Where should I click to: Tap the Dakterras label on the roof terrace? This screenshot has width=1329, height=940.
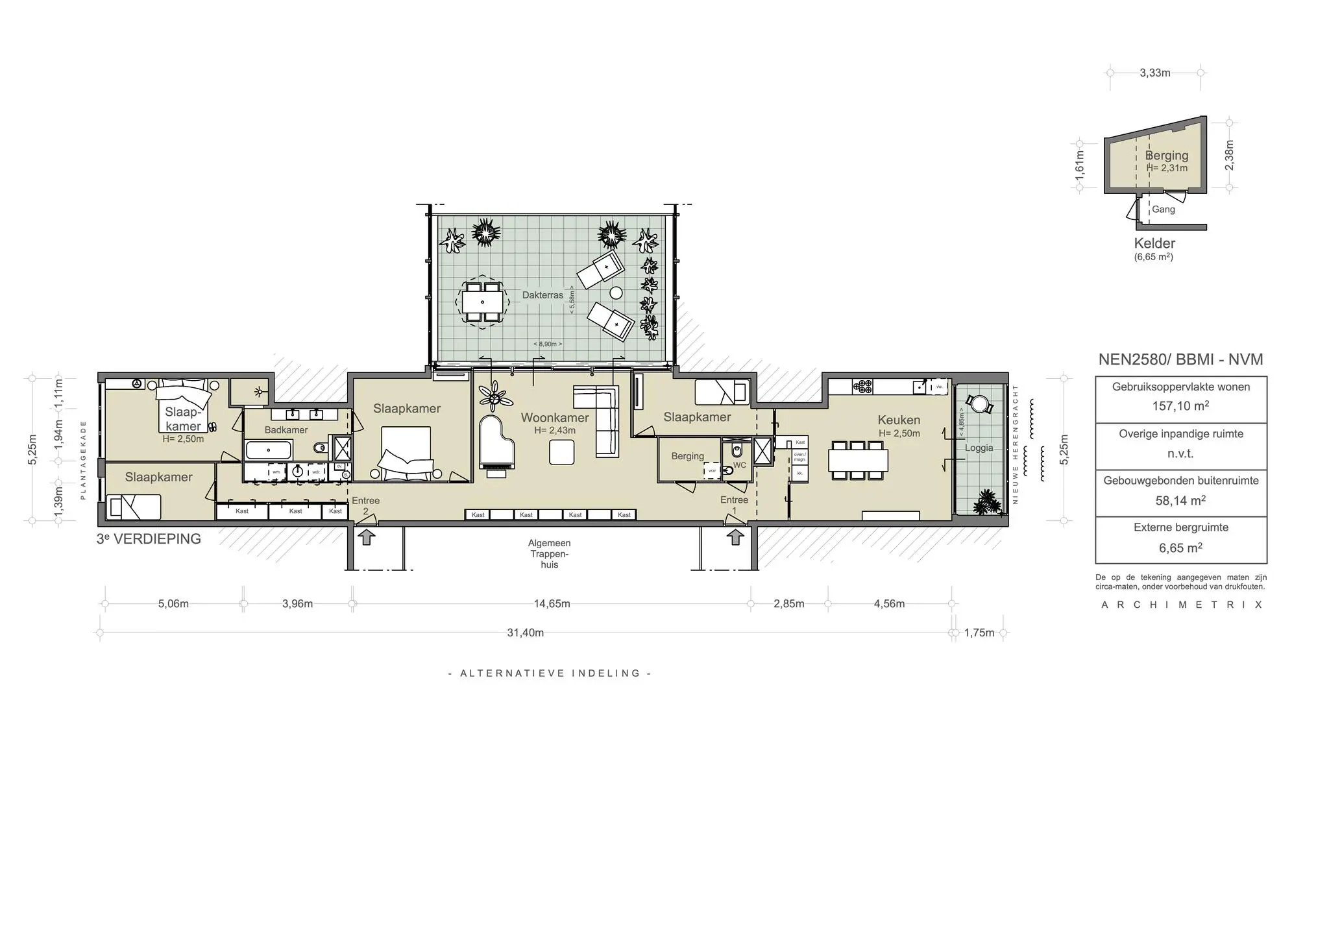coord(543,295)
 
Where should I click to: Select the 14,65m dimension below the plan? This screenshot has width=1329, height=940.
coord(552,604)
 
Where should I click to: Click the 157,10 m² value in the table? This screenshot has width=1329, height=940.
coord(1180,406)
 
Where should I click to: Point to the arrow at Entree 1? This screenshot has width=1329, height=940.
coord(735,536)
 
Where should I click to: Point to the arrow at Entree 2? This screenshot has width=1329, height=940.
coord(367,536)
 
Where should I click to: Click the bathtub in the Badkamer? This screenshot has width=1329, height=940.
coord(269,450)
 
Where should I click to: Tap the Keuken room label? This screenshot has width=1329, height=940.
coord(899,420)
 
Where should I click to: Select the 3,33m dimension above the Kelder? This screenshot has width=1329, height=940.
coord(1155,73)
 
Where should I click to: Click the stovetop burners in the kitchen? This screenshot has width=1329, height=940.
coord(862,387)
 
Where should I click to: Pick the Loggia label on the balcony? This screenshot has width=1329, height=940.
coord(979,448)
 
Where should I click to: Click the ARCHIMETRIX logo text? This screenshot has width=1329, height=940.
coord(1182,605)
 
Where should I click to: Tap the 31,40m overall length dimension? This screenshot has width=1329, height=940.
coord(525,633)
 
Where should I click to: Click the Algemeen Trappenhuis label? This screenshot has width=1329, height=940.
coord(550,554)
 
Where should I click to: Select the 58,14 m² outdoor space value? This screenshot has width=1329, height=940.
coord(1180,500)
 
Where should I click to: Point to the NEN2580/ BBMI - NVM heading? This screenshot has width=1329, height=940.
coord(1180,359)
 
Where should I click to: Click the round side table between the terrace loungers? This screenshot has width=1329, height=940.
coord(615,293)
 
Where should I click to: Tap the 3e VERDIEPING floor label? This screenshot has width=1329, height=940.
coord(149,539)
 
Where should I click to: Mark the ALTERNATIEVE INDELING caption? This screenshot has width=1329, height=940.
coord(550,673)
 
